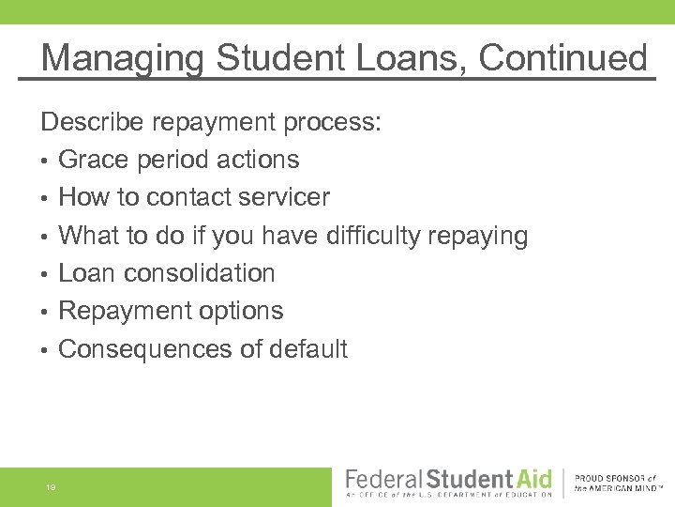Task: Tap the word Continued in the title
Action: (x=562, y=58)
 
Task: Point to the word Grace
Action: (x=90, y=160)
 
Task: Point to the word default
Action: (x=307, y=349)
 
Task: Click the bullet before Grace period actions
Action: (x=44, y=161)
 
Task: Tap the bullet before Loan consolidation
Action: (x=44, y=274)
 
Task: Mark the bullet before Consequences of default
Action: (x=44, y=350)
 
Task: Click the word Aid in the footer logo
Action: (x=531, y=479)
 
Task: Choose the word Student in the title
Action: (x=280, y=58)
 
